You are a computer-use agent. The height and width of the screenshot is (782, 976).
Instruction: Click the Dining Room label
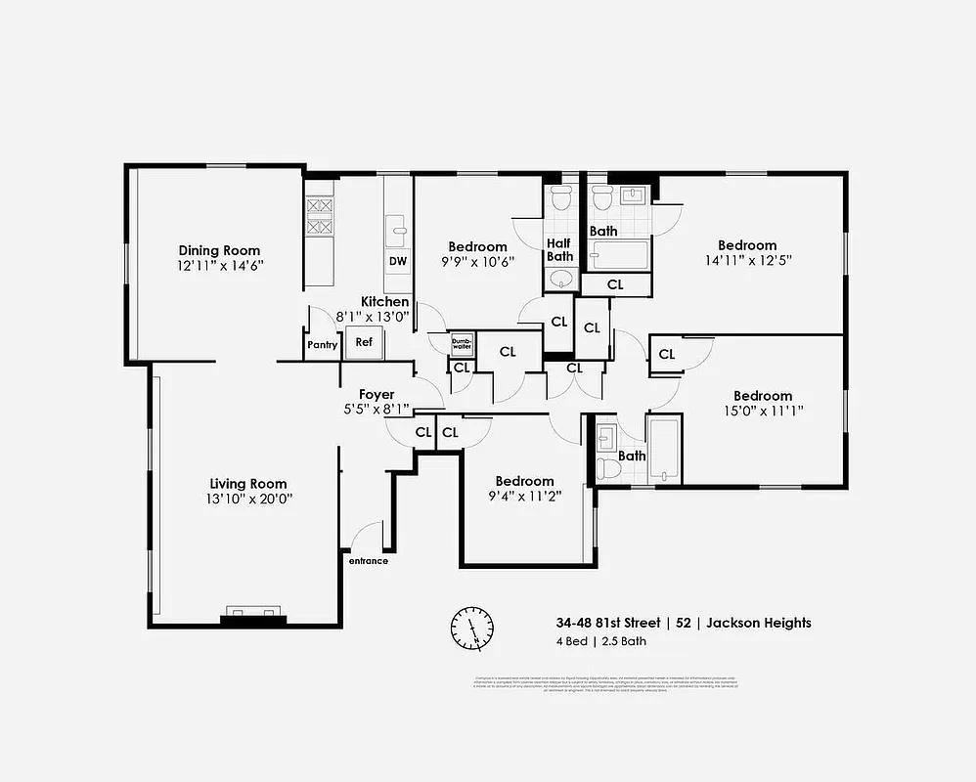click(219, 250)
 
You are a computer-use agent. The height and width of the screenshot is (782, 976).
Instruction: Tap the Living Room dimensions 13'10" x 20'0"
click(248, 499)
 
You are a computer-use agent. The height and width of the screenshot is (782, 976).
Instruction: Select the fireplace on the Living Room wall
click(252, 615)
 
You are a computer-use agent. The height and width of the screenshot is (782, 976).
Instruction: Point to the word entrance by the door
click(368, 561)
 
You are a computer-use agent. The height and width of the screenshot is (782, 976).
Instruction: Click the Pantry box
click(322, 345)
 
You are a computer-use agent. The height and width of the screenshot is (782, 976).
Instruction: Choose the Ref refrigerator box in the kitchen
click(364, 342)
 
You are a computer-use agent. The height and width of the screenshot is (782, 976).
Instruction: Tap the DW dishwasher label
click(398, 261)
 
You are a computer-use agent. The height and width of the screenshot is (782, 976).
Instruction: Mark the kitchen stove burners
click(320, 216)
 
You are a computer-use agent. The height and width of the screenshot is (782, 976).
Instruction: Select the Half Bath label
click(559, 249)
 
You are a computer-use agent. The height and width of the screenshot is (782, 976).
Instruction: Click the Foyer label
click(377, 395)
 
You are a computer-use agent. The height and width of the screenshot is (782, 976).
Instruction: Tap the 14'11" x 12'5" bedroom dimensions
click(747, 260)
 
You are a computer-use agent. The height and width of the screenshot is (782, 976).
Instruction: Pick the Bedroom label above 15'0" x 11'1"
click(763, 396)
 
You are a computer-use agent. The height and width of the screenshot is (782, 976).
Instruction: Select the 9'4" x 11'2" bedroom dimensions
click(524, 496)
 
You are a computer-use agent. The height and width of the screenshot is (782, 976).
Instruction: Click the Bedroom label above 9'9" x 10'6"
click(477, 246)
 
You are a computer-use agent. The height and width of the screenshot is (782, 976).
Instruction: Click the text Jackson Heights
click(759, 623)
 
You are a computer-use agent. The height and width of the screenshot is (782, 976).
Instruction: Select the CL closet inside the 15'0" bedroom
click(666, 355)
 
